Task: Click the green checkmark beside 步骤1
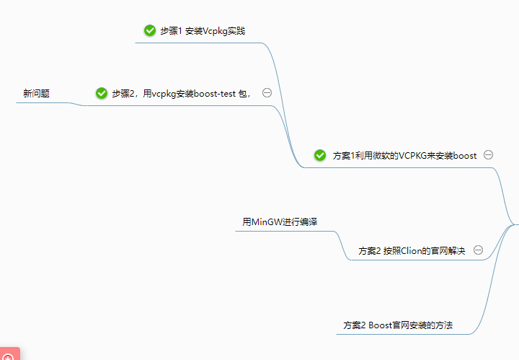(x=150, y=30)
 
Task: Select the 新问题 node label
(x=36, y=93)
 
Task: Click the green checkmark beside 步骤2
(x=101, y=93)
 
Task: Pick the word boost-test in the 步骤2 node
(x=205, y=93)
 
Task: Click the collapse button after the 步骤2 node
(x=267, y=92)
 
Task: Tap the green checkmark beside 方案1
(x=320, y=155)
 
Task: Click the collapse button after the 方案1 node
(x=488, y=154)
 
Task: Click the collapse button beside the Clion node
(x=477, y=250)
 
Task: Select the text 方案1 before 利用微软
(x=344, y=155)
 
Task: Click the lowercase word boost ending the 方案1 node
(x=464, y=155)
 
